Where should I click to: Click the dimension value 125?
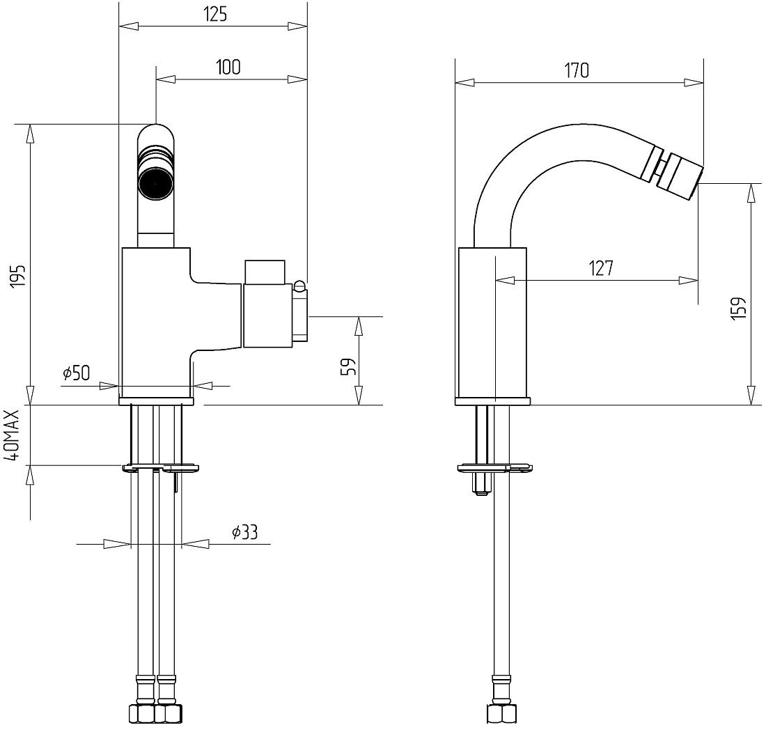click(x=215, y=14)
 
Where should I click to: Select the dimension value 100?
click(x=228, y=67)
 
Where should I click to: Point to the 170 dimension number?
click(x=577, y=70)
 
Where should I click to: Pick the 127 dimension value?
click(x=600, y=268)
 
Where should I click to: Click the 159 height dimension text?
click(x=739, y=308)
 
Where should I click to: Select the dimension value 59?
click(x=347, y=367)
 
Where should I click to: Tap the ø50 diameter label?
click(x=76, y=373)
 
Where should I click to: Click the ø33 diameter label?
click(x=244, y=531)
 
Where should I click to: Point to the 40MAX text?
click(x=12, y=435)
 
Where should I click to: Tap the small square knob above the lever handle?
click(x=265, y=272)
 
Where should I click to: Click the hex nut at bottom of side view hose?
click(x=501, y=713)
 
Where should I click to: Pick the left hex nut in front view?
click(x=142, y=713)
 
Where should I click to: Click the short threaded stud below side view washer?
click(x=480, y=484)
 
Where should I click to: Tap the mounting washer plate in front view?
click(x=161, y=468)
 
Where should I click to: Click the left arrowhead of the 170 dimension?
click(x=464, y=83)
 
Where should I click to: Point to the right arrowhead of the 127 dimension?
click(x=688, y=281)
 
